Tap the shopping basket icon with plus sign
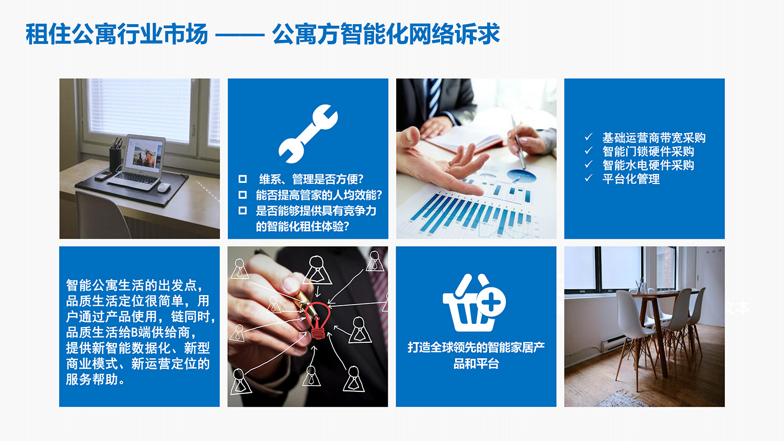coord(474,304)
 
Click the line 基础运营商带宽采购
coord(653,138)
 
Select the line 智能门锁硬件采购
coord(648,152)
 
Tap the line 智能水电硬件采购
coord(648,165)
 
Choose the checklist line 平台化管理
coord(630,179)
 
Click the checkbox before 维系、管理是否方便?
coord(243,179)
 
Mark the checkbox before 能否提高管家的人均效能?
coord(243,195)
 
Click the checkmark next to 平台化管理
coord(589,178)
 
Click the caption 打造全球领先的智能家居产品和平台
coord(476,355)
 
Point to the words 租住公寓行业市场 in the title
coord(117,34)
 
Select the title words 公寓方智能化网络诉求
coord(386,34)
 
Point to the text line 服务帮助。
coord(95,379)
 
